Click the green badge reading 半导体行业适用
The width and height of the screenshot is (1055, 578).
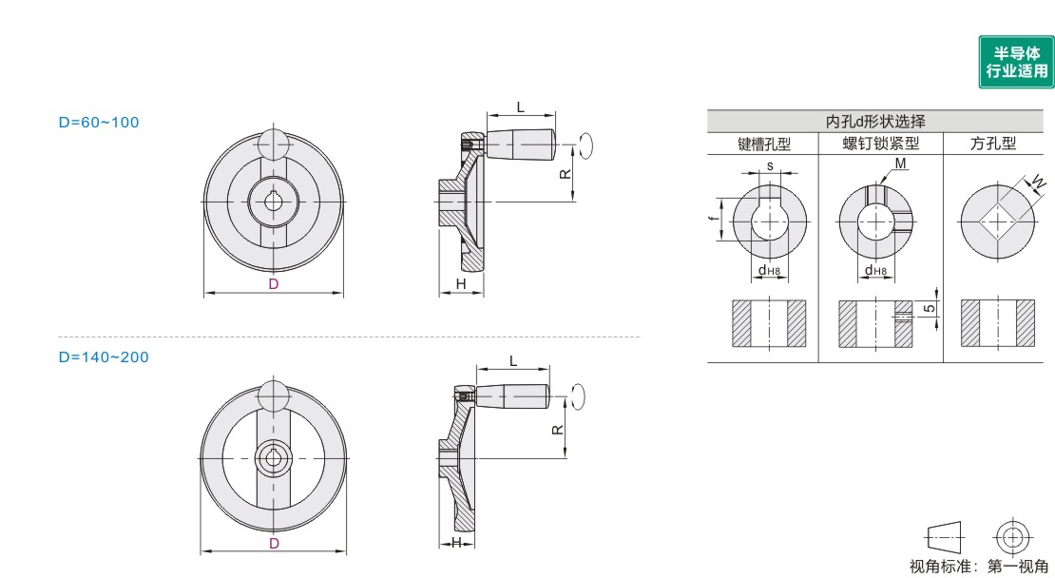click(1016, 62)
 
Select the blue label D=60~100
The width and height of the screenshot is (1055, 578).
click(99, 123)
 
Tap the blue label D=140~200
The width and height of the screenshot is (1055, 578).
click(104, 357)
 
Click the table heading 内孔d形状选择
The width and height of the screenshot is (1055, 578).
click(875, 121)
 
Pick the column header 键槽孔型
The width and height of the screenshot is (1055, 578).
click(763, 144)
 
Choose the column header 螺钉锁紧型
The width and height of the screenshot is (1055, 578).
click(881, 144)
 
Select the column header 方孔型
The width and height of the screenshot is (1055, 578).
click(993, 144)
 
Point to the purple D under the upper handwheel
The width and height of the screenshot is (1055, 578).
click(273, 284)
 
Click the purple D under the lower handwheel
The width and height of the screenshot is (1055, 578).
click(274, 544)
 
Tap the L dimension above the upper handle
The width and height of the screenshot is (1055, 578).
click(520, 107)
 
